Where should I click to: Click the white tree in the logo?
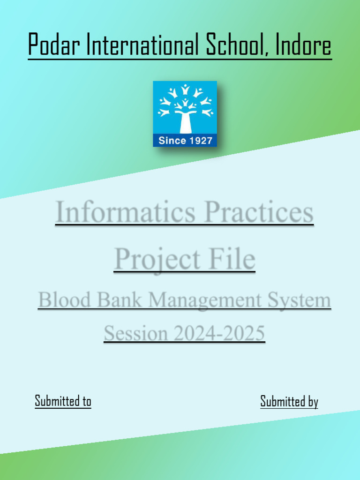pos(185,108)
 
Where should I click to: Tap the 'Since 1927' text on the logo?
pos(185,140)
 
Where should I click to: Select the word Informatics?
pos(125,212)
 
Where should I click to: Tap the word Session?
pos(135,334)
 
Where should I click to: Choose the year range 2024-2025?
pos(219,334)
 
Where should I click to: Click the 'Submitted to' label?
pos(63,401)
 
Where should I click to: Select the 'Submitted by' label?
pos(289,402)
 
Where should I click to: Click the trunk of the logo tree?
pos(185,123)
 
